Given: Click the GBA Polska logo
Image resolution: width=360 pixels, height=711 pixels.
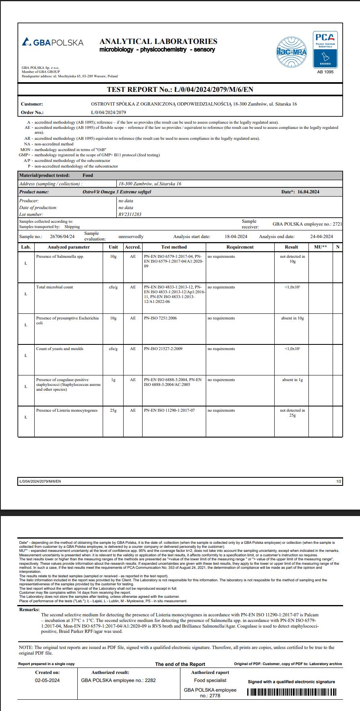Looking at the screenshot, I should (x=53, y=42).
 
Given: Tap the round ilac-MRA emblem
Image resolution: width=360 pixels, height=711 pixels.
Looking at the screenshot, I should (x=291, y=52).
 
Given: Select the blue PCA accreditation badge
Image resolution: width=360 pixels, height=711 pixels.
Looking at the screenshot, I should (x=325, y=50).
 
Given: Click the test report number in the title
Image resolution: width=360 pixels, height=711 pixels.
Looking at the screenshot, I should (x=180, y=89).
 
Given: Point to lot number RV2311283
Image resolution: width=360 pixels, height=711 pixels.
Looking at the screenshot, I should (x=130, y=214).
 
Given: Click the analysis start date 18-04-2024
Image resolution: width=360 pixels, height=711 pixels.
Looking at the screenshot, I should (x=236, y=236).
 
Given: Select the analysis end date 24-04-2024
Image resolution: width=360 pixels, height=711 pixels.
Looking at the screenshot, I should (x=321, y=236).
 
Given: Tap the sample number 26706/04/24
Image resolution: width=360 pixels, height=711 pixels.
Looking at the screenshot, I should (x=62, y=236).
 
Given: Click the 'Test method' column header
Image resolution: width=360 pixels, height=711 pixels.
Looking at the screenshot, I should (x=174, y=247).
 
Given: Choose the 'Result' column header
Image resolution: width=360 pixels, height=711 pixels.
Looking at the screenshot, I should (x=291, y=247).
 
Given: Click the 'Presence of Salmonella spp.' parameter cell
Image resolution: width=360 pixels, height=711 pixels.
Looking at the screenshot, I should (x=60, y=257).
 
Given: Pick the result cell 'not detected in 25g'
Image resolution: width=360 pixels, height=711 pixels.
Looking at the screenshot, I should (x=292, y=413).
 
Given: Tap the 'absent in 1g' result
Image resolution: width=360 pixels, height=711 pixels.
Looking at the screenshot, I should (x=292, y=380).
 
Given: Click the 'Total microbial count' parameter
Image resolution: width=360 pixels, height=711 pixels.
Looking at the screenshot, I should (x=54, y=287).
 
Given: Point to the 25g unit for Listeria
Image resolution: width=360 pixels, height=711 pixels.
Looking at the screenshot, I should (x=113, y=410).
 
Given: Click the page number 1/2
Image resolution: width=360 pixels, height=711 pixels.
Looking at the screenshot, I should (x=339, y=481).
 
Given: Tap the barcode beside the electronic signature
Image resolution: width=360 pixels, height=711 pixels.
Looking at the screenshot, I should (x=292, y=692).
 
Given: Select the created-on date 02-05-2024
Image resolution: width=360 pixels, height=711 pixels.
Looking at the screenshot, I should (x=47, y=680).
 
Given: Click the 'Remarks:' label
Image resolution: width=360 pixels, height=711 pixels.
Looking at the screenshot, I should (x=29, y=609).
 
